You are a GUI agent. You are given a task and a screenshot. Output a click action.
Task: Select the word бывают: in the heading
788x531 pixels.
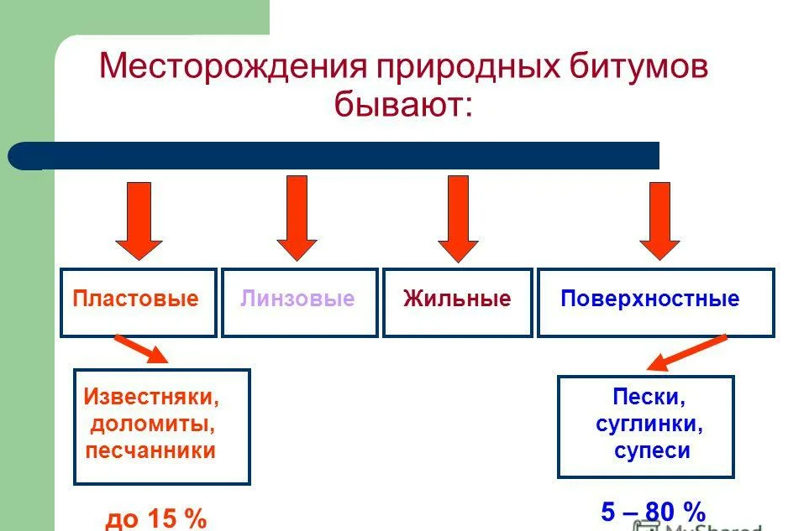(404, 106)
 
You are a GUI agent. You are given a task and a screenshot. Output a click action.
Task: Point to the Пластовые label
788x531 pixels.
(135, 299)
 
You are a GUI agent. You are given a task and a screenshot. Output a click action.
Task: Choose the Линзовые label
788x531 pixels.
(297, 299)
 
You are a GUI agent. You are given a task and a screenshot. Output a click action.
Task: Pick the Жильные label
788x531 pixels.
(457, 299)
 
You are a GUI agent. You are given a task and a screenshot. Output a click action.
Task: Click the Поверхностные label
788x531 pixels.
(649, 299)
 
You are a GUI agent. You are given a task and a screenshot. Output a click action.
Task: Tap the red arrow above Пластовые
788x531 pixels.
(139, 220)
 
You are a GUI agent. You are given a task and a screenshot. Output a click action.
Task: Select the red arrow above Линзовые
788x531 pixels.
(297, 218)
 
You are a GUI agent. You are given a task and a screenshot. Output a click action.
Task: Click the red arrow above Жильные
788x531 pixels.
(458, 218)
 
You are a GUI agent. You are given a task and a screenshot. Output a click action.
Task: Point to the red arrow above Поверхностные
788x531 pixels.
(659, 220)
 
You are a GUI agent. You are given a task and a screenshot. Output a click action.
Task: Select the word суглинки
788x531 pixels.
(649, 424)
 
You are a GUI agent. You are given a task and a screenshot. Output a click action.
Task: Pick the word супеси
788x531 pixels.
(652, 450)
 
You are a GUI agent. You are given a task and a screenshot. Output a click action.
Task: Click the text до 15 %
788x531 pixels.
(156, 518)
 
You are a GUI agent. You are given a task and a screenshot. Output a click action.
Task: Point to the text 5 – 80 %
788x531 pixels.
(653, 511)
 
